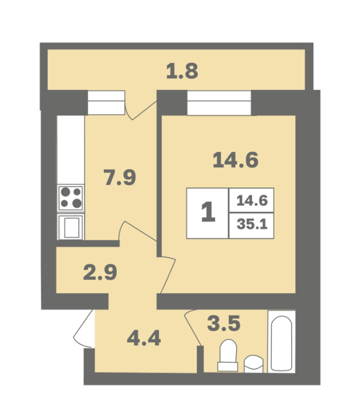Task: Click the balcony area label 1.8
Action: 182,71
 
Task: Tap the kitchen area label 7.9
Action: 119,177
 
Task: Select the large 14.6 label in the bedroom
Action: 235,160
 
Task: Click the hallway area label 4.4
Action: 144,338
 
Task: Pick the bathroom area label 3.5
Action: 224,324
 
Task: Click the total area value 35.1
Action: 252,224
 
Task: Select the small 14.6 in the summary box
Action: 252,201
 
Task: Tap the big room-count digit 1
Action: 208,212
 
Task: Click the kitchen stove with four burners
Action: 71,198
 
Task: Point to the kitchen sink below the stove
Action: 71,227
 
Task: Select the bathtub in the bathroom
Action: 281,341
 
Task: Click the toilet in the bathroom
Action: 228,355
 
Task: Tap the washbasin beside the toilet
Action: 254,364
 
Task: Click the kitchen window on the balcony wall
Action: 106,103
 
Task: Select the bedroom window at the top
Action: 219,103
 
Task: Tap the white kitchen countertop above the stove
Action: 71,149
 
